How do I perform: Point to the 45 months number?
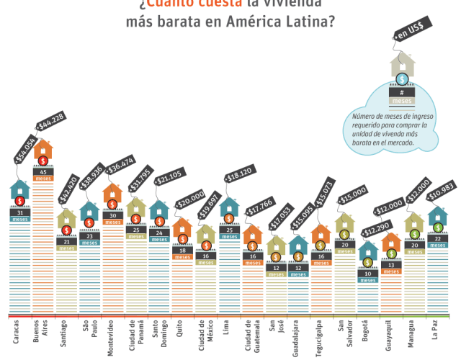click(x=43, y=171)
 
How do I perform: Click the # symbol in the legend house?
click(x=402, y=92)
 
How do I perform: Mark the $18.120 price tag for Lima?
click(x=241, y=176)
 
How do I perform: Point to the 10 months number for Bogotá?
click(x=368, y=274)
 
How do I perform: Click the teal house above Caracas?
click(x=20, y=191)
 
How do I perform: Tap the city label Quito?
click(x=181, y=330)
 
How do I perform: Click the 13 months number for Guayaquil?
click(x=391, y=265)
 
